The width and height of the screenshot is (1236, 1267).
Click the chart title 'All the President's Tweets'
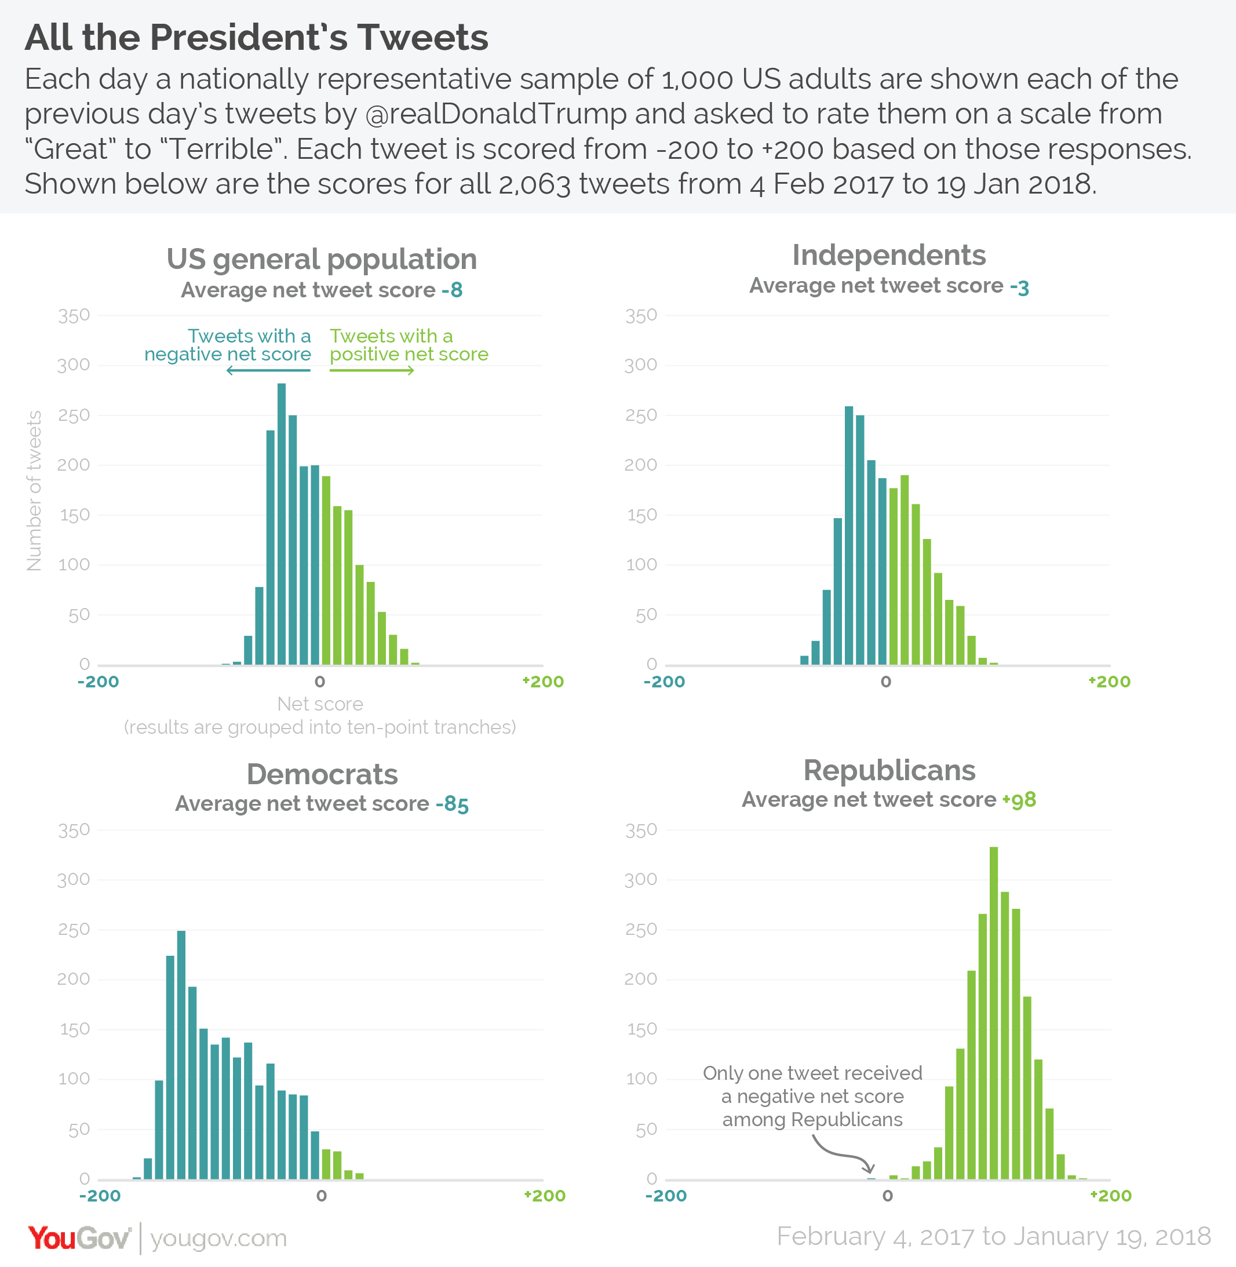coord(257,38)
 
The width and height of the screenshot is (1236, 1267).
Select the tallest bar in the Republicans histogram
coord(993,1013)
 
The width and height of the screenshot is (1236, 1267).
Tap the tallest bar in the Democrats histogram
coord(181,1055)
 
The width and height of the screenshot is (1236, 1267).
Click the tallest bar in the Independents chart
coord(848,535)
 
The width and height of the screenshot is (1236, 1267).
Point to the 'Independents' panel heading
coord(889,255)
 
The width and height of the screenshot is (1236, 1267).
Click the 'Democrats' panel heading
coord(322,774)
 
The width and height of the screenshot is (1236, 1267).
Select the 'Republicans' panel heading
coord(889,770)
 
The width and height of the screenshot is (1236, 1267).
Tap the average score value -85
coord(453,804)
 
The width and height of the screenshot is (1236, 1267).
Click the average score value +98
coord(1019,800)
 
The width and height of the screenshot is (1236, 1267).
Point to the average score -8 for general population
coord(452,290)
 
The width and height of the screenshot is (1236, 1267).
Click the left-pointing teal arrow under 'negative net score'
coord(268,371)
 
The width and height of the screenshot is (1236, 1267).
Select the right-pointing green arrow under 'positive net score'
coord(372,371)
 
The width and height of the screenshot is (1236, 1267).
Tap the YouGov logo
coord(79,1239)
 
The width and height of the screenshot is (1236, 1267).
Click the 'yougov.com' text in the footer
coord(218,1239)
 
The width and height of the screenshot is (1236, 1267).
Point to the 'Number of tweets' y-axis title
coord(34,491)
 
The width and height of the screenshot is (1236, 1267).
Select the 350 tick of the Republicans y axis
coord(641,830)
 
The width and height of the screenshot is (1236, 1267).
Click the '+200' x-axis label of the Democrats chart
coord(545,1196)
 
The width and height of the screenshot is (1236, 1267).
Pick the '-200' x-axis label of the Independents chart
coord(664,682)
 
